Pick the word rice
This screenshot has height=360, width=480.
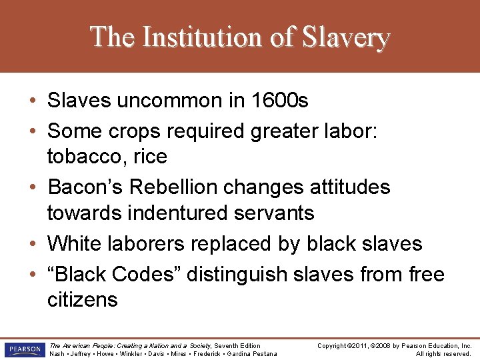click(x=150, y=157)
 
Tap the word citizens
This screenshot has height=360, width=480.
click(x=82, y=300)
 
